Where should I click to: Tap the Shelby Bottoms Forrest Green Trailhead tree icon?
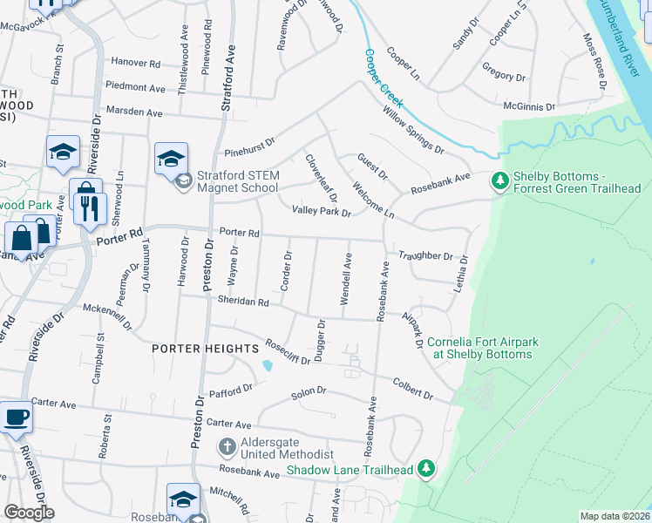499,181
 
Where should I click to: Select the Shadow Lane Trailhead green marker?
426,469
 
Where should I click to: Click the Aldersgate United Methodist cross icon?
227,447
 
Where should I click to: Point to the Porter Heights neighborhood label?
194,349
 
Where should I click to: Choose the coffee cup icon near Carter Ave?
16,417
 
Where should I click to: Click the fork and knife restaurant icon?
90,208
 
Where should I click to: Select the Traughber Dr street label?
425,256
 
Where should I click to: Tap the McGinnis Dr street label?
529,106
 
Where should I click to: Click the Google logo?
29,513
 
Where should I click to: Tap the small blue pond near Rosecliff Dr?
267,364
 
